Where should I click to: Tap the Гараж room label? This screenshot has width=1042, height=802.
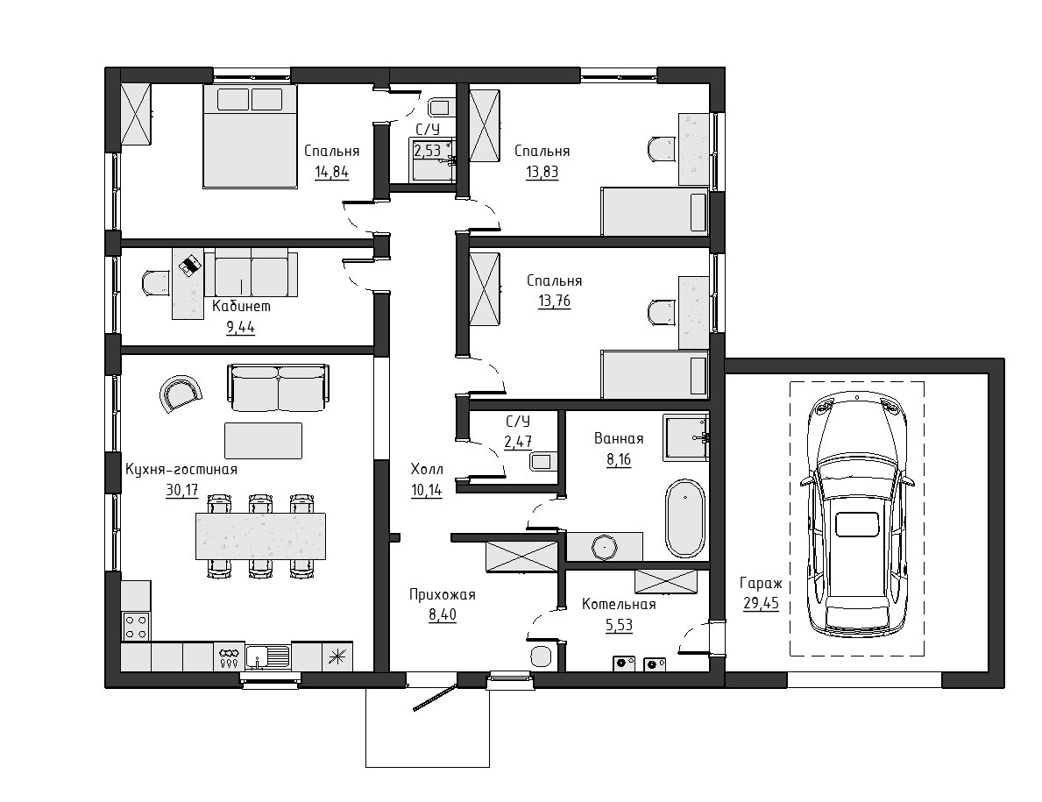(760, 584)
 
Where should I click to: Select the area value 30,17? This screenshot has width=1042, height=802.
(181, 490)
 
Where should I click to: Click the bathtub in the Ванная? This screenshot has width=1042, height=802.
(684, 518)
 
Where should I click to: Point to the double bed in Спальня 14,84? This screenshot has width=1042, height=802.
(249, 136)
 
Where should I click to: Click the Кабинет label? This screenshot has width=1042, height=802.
(241, 306)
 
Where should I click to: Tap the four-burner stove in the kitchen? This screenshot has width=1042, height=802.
(136, 626)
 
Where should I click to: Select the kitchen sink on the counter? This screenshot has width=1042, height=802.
(268, 657)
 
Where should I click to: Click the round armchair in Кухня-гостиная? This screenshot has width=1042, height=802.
(179, 394)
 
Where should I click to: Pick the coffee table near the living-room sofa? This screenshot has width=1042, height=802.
(263, 441)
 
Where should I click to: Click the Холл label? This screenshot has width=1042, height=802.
(427, 470)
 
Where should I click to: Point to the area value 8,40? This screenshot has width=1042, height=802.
(443, 614)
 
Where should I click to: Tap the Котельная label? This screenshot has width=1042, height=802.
(619, 605)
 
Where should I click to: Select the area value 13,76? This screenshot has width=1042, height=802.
(554, 301)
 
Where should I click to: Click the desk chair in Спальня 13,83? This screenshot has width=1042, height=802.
(661, 148)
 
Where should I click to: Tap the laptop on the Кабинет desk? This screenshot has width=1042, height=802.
(189, 265)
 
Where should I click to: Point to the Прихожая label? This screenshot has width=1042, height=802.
(442, 594)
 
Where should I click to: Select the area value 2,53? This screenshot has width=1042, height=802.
(428, 151)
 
